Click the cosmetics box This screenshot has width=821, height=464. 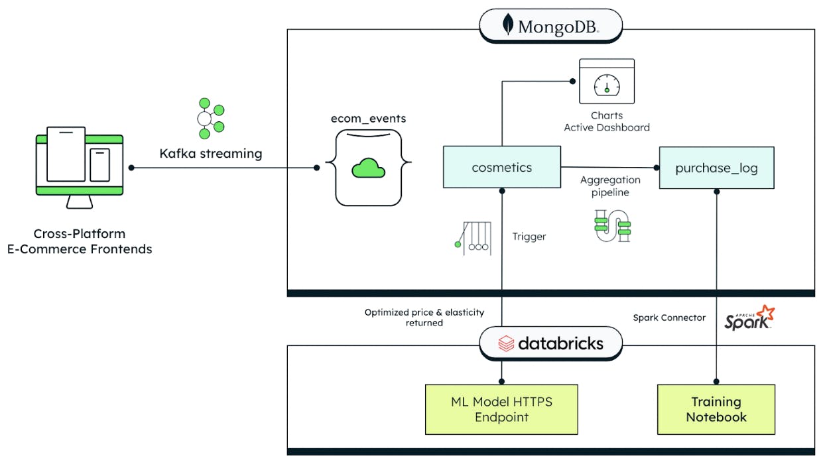pos(501,168)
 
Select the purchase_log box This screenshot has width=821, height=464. pos(716,168)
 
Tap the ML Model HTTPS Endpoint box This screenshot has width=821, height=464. pos(501,409)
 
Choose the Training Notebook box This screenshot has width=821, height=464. pos(716,409)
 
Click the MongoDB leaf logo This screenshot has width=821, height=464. pos(508,25)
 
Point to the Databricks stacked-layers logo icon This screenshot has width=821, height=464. pos(506,343)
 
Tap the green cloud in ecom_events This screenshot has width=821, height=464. pos(369,168)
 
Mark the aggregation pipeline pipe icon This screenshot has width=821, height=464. pos(612,225)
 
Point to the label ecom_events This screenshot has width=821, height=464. pos(369,119)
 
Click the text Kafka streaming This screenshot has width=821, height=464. pos(211,154)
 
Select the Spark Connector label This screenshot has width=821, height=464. pos(669,318)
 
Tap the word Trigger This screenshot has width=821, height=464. pos(529,237)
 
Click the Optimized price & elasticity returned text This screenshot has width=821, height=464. pos(424,318)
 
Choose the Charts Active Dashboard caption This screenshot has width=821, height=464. pos(607,121)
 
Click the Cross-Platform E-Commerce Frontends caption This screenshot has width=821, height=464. pos(80,241)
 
